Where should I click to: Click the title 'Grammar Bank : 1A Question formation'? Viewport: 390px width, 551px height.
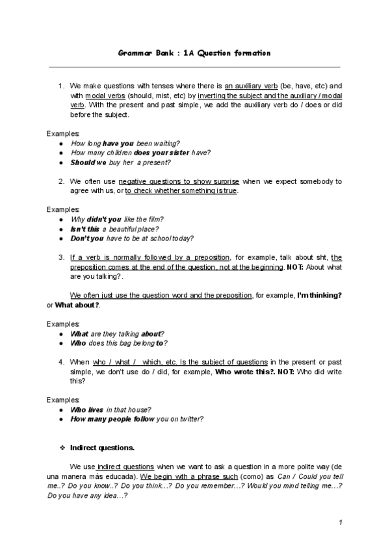pyautogui.click(x=194, y=53)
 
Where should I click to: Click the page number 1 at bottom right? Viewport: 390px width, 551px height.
pyautogui.click(x=340, y=523)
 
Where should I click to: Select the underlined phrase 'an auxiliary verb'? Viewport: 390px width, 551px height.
pyautogui.click(x=251, y=86)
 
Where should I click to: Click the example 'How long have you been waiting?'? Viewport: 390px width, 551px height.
pyautogui.click(x=125, y=143)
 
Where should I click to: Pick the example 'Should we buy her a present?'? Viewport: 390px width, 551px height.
pyautogui.click(x=120, y=162)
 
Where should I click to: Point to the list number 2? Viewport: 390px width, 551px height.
pyautogui.click(x=60, y=181)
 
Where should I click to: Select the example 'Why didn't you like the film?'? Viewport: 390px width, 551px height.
pyautogui.click(x=117, y=220)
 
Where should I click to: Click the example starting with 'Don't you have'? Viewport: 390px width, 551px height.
pyautogui.click(x=132, y=238)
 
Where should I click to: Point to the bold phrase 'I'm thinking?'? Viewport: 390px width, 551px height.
pyautogui.click(x=319, y=296)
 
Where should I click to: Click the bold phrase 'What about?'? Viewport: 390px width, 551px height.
pyautogui.click(x=78, y=305)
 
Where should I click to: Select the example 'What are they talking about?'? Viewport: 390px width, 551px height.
pyautogui.click(x=117, y=333)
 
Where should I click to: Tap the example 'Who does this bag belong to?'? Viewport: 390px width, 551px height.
pyautogui.click(x=121, y=343)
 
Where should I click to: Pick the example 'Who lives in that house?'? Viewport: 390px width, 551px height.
pyautogui.click(x=110, y=409)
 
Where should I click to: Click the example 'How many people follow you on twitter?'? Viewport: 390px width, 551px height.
pyautogui.click(x=136, y=419)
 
